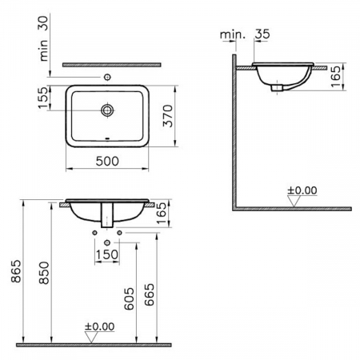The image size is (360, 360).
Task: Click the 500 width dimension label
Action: click(x=107, y=161)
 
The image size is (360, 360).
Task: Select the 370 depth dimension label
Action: click(x=168, y=116)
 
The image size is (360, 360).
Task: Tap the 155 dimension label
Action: click(x=44, y=98)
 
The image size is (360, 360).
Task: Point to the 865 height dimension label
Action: click(x=16, y=271)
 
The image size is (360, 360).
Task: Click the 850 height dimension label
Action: click(x=44, y=273)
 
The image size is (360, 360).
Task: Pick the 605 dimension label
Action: click(x=130, y=298)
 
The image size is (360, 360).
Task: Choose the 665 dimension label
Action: click(x=150, y=294)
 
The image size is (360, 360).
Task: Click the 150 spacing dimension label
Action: click(x=107, y=254)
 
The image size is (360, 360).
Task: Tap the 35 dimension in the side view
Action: click(x=262, y=34)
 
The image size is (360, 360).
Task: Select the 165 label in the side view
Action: click(x=336, y=76)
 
